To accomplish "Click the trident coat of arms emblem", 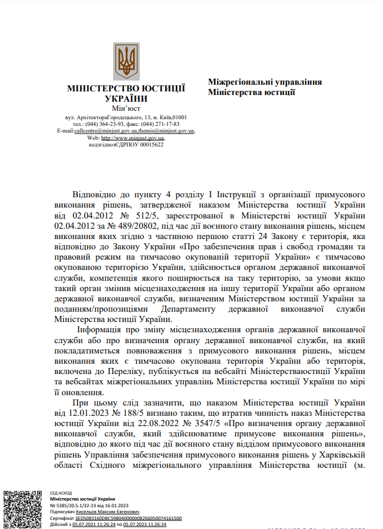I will click(126, 61).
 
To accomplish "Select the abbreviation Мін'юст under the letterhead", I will click(126, 108).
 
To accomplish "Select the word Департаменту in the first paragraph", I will click(195, 309).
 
